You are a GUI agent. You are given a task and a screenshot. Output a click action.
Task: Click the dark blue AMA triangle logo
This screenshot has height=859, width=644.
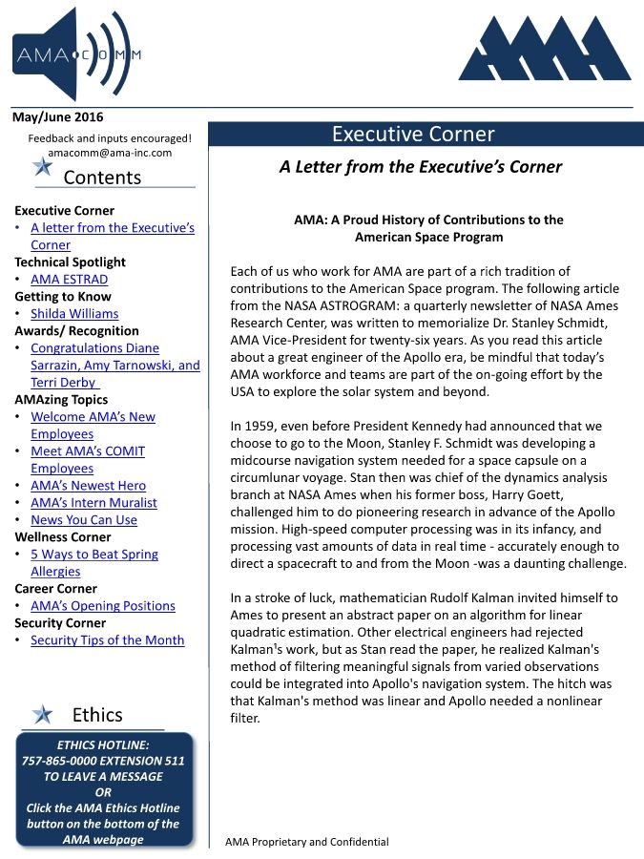[544, 50]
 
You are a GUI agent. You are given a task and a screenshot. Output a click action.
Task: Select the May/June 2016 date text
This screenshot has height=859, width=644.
[57, 117]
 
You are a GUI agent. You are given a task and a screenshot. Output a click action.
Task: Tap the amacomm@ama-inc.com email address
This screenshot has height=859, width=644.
[110, 153]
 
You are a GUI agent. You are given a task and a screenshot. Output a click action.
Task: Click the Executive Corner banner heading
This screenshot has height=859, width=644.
[413, 135]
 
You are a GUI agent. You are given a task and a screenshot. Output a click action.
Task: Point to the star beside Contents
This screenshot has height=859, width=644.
[42, 167]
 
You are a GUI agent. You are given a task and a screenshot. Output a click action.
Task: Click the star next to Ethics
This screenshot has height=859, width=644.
[42, 714]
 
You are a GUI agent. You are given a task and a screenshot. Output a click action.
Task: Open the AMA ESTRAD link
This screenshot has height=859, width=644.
[69, 280]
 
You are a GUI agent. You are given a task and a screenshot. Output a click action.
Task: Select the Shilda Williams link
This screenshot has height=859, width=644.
[74, 314]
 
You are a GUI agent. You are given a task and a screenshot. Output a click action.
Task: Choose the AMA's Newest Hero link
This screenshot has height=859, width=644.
[88, 486]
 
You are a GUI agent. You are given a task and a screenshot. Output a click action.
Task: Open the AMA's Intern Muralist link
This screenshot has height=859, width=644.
[93, 503]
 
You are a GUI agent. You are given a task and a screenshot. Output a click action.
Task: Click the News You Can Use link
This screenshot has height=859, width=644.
[84, 520]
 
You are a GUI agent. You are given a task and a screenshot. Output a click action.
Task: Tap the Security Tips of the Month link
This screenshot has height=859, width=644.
[107, 640]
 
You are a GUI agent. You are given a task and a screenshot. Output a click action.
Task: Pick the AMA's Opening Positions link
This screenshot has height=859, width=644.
[103, 606]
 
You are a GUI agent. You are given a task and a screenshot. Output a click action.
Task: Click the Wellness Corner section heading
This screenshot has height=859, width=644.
[63, 537]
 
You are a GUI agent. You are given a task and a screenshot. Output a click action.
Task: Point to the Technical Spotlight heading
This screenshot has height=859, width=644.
[70, 262]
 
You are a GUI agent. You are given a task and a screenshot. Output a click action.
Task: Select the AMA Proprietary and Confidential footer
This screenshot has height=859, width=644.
[306, 842]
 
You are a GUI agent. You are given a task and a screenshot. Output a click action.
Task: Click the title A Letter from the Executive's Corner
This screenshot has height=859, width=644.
[420, 167]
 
